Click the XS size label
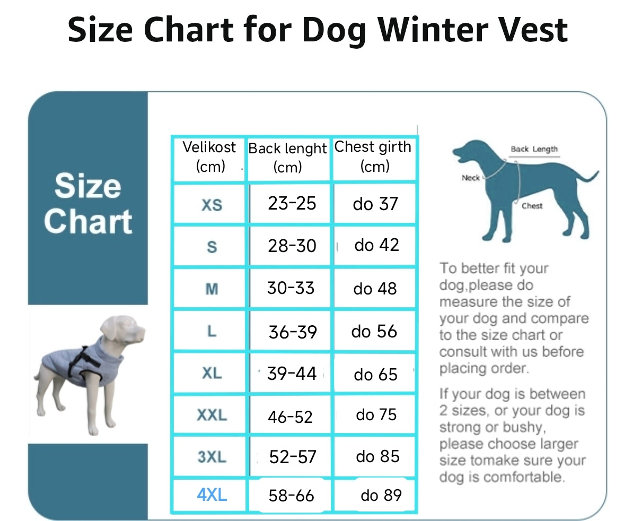[212, 205]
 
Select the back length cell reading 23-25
[292, 203]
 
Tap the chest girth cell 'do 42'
[376, 245]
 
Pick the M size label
[212, 289]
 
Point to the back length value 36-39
[293, 332]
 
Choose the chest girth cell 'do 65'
[375, 375]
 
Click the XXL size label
[212, 415]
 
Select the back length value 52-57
[293, 457]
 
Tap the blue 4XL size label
[212, 495]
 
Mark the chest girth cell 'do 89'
[381, 496]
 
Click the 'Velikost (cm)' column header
[209, 157]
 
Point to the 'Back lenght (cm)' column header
[287, 158]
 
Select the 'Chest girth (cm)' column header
[373, 156]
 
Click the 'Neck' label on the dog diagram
[471, 178]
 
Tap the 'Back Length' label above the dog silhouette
[534, 150]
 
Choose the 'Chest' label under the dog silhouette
[532, 206]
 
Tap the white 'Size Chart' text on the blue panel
[88, 203]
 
